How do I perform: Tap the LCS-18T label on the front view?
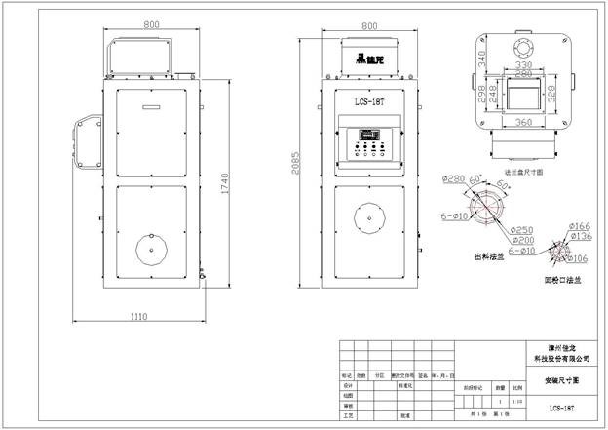tap(370, 100)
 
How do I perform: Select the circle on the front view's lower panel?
tap(371, 217)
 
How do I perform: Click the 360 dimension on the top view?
tap(522, 122)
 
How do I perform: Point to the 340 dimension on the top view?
tap(481, 58)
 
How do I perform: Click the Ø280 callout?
tap(453, 178)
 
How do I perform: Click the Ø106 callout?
tap(574, 257)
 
